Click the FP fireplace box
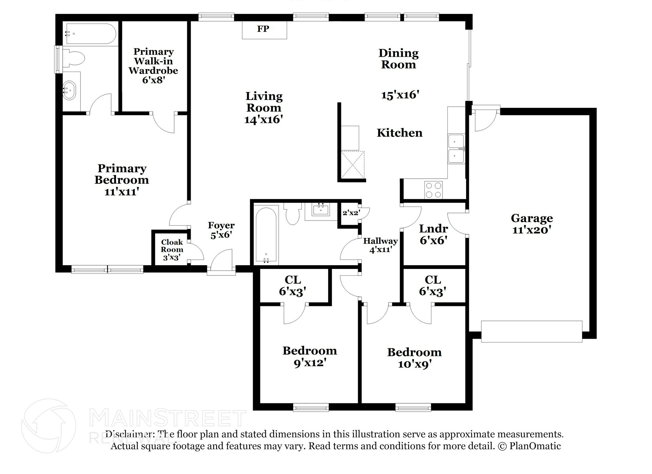264,30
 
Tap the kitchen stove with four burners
433,190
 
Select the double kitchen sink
456,149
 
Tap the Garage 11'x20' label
531,224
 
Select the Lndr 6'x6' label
433,234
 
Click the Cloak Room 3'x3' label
172,250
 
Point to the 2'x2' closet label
351,213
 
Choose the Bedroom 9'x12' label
309,356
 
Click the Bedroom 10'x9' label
414,358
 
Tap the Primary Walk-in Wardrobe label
153,65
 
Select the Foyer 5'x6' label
221,230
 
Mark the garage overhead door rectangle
531,331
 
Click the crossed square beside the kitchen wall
352,165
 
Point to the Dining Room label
398,59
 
